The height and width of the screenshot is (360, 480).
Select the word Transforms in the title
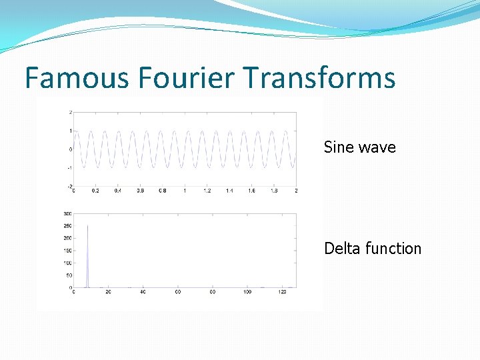pos(320,79)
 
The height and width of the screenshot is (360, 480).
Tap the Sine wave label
pos(359,147)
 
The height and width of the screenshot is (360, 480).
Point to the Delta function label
pos(373,249)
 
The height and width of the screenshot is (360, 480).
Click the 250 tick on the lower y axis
pos(67,226)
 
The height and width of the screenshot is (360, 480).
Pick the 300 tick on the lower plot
pos(67,213)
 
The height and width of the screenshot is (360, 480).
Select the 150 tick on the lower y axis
pos(67,251)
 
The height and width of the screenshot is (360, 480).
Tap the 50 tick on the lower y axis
pos(69,275)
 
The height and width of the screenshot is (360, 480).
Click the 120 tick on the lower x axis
pos(282,292)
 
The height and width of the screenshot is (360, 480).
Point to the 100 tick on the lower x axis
pos(247,292)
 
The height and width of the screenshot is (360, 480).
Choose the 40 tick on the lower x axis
pos(143,292)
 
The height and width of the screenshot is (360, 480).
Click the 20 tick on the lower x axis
pos(108,292)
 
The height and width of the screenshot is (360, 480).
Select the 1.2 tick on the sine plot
pos(207,191)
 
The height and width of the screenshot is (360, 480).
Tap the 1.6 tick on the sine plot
pos(251,191)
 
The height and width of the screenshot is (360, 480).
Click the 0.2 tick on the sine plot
pos(95,191)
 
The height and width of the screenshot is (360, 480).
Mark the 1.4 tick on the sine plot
pos(229,191)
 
